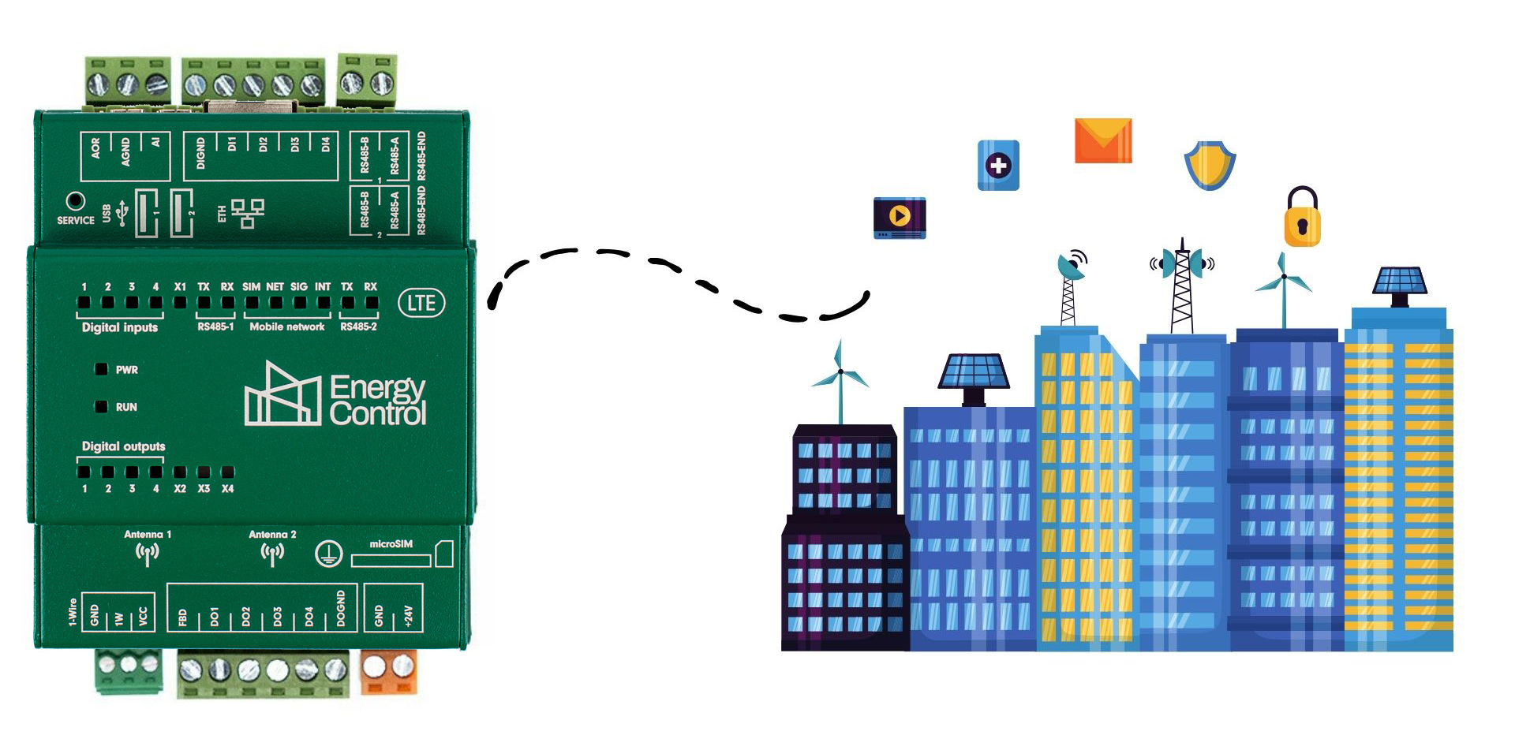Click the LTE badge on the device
421,303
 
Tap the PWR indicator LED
101,369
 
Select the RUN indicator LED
101,407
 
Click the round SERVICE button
75,201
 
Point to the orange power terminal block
388,671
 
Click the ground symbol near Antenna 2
328,554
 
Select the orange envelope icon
1103,141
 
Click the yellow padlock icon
1303,217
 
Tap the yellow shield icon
1210,166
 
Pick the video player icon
900,218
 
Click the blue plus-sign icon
998,166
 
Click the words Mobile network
287,326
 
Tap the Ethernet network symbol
248,213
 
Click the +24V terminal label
408,615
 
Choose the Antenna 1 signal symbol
147,554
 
